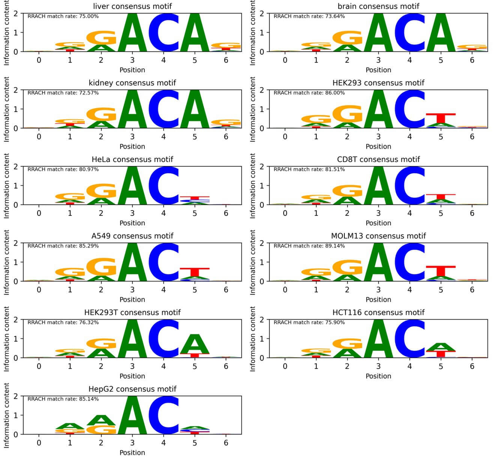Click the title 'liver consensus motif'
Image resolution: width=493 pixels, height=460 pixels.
click(x=132, y=6)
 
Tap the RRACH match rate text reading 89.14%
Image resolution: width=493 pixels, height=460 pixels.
click(x=309, y=246)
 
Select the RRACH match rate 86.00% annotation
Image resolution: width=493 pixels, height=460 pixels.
click(x=309, y=93)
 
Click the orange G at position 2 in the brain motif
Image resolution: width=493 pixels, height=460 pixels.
click(x=347, y=38)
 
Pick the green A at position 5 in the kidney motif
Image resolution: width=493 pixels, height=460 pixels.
click(x=194, y=109)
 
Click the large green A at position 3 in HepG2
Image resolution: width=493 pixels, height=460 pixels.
click(x=132, y=415)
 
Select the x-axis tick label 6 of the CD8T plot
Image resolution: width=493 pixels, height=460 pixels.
click(x=472, y=213)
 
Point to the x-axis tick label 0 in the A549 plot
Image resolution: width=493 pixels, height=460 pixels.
click(x=39, y=290)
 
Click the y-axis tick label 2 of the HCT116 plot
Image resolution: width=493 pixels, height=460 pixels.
click(x=262, y=320)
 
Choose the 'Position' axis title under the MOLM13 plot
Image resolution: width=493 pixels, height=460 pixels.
click(x=378, y=299)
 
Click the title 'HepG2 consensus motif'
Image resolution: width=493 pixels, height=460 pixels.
click(x=132, y=389)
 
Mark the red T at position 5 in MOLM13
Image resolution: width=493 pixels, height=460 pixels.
click(x=440, y=271)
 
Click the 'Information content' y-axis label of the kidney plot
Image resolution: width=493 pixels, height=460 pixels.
click(x=7, y=110)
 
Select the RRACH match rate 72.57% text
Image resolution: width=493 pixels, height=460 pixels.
click(x=63, y=93)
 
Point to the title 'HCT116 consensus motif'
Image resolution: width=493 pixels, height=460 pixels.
click(x=378, y=313)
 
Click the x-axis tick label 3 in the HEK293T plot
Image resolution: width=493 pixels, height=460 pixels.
click(x=132, y=366)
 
